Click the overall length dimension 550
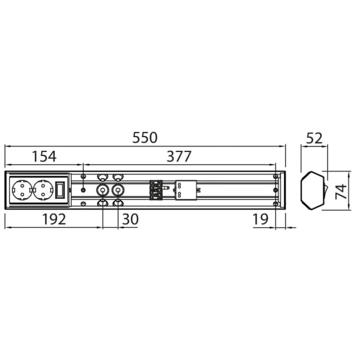click(x=145, y=138)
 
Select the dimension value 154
click(x=44, y=156)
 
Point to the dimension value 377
click(x=179, y=156)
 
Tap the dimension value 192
click(x=54, y=219)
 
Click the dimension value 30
click(x=130, y=219)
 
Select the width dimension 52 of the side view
click(x=314, y=138)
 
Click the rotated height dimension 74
click(x=341, y=191)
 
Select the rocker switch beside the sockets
click(x=60, y=190)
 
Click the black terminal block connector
click(x=156, y=190)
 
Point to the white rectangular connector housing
click(x=186, y=190)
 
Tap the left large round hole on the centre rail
click(x=103, y=190)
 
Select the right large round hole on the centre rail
click(x=118, y=190)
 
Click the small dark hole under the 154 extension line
click(x=83, y=190)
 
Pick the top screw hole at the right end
click(x=275, y=176)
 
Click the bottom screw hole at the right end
click(x=275, y=204)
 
